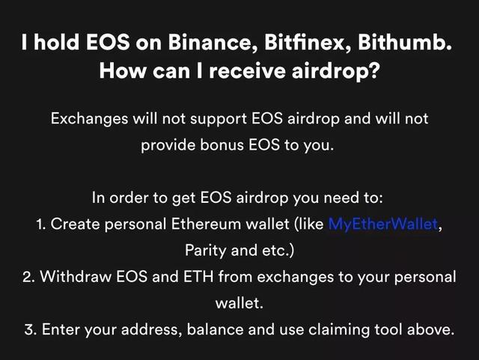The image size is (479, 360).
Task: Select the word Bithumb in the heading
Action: [404, 42]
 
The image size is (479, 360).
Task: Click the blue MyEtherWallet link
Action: [383, 224]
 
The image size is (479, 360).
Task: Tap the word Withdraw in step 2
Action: [76, 277]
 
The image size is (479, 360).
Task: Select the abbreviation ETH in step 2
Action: [198, 277]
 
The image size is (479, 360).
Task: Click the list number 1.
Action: [41, 225]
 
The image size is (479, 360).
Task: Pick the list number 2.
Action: [28, 277]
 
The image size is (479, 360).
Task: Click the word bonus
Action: [222, 145]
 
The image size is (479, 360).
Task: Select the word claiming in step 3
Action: [339, 330]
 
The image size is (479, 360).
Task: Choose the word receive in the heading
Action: [248, 71]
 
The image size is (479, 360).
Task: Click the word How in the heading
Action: [122, 71]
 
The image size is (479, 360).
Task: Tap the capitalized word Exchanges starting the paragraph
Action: [89, 119]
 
